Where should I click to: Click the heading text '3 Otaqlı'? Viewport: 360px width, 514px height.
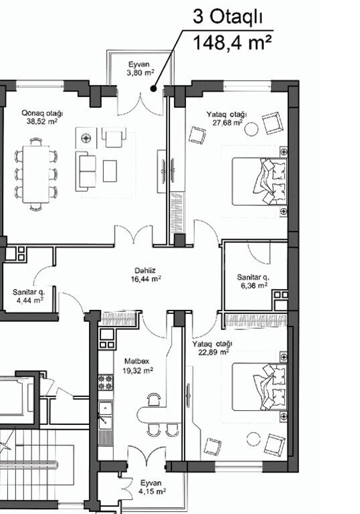(228, 17)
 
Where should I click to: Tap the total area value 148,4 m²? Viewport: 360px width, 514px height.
(232, 43)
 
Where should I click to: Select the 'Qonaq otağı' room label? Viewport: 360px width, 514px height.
(42, 113)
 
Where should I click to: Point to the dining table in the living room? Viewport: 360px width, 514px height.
(36, 175)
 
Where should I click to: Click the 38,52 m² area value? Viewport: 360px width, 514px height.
(42, 122)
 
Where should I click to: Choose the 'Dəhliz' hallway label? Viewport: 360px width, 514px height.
(145, 271)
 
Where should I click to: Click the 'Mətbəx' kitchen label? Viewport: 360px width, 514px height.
(137, 361)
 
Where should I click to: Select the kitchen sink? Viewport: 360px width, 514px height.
(106, 415)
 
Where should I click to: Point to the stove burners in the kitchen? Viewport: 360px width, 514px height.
(106, 382)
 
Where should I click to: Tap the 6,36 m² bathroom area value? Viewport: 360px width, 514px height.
(254, 286)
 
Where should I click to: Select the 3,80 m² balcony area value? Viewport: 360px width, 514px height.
(141, 73)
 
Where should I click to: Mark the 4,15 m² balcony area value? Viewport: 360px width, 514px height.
(152, 491)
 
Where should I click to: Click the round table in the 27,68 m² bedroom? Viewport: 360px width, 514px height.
(252, 128)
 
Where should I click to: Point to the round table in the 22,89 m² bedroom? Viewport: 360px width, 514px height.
(254, 439)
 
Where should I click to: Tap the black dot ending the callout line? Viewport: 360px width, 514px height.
(153, 88)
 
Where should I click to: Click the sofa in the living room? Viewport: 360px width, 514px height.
(86, 171)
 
